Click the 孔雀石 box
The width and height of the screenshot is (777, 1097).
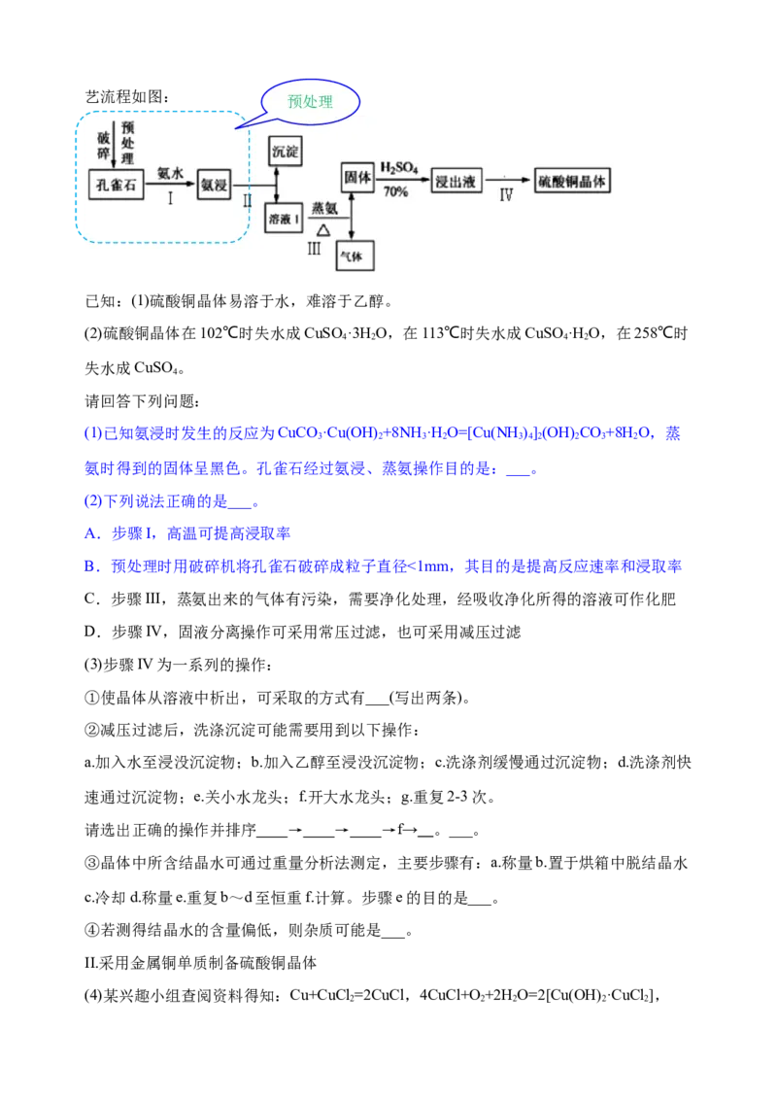click(x=116, y=185)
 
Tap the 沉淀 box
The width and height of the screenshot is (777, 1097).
click(x=285, y=152)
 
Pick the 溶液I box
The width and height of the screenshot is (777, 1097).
click(x=285, y=220)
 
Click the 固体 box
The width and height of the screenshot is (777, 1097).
click(x=356, y=177)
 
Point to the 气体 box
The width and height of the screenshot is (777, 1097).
click(x=354, y=256)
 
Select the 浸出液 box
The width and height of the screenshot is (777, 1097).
click(x=456, y=181)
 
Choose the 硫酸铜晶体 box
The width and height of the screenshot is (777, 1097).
click(x=574, y=181)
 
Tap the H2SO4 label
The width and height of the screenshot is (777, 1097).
click(x=398, y=168)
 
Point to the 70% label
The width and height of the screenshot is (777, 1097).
click(x=395, y=192)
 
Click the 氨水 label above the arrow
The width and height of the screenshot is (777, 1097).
click(x=170, y=172)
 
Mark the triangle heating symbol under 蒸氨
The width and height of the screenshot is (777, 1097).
click(x=322, y=229)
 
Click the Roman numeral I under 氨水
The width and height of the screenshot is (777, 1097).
click(x=170, y=198)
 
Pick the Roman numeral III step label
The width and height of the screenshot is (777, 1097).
click(x=313, y=249)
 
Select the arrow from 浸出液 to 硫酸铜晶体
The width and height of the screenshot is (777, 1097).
click(x=509, y=181)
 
